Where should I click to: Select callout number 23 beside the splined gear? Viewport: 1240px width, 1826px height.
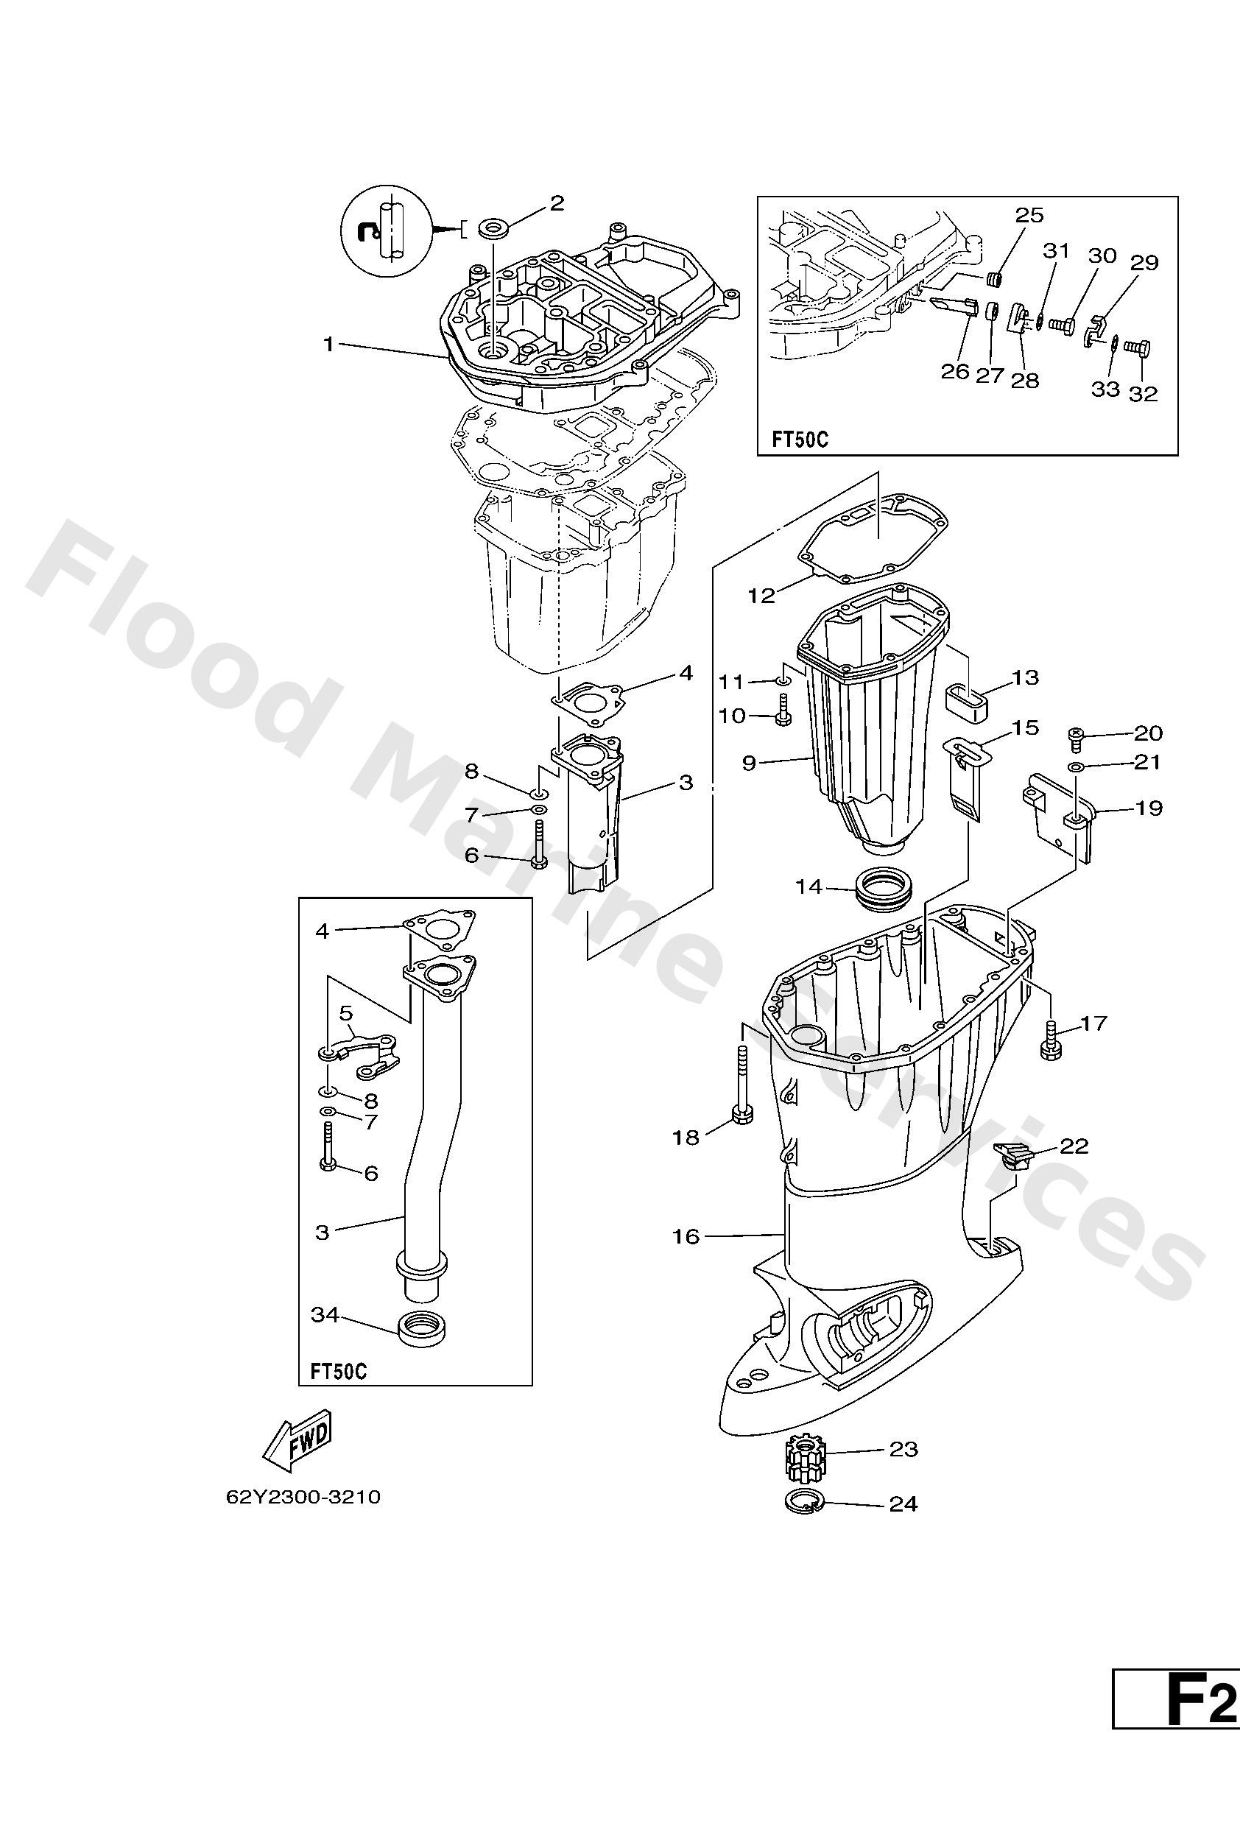(903, 1448)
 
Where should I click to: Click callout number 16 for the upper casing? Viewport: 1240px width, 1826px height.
(686, 1236)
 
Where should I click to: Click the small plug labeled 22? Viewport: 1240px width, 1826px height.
(1014, 1155)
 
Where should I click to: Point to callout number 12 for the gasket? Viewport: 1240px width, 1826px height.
(761, 595)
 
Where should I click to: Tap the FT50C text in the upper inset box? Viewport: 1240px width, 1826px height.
(799, 437)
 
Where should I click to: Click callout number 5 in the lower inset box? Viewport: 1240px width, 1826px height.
(347, 1013)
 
